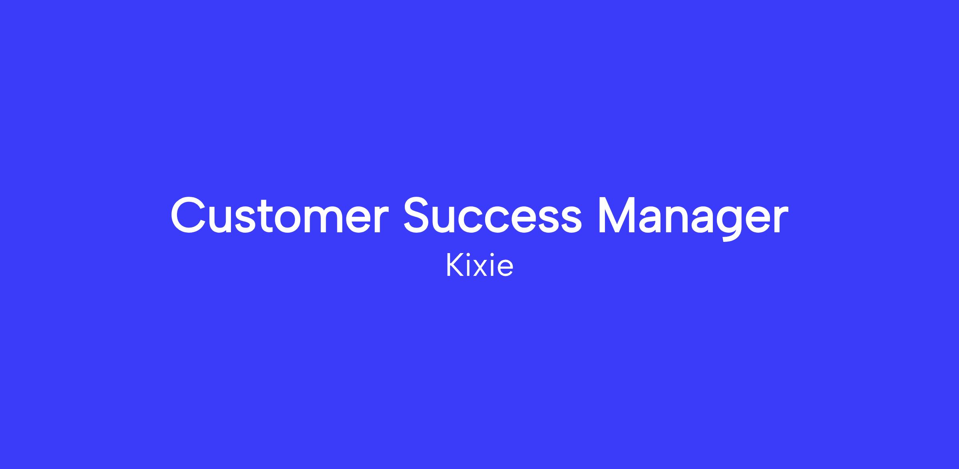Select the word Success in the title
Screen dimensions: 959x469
pos(492,215)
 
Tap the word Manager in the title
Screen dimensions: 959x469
pos(693,218)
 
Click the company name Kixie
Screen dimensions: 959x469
pos(479,265)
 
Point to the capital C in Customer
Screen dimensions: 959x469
pos(189,215)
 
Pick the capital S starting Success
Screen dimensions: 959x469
pos(419,215)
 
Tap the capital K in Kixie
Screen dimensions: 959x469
pos(454,265)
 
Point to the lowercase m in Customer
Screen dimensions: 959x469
pos(325,220)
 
